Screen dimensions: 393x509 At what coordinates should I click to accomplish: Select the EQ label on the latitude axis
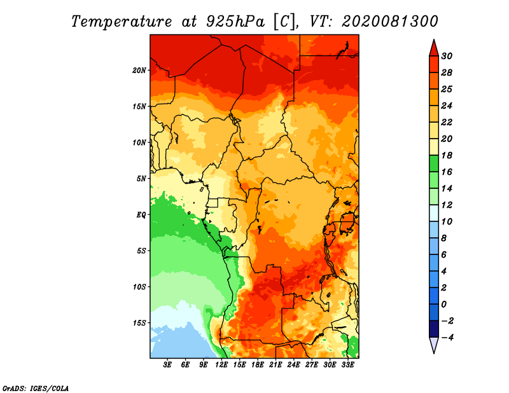(x=141, y=214)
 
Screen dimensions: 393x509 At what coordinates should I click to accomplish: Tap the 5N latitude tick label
(x=141, y=178)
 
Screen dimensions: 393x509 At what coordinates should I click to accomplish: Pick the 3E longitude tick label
(x=168, y=365)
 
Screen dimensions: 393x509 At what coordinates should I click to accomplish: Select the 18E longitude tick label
(x=258, y=365)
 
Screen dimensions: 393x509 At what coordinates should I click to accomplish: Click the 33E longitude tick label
(x=347, y=365)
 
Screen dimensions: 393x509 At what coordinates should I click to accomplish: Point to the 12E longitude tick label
(x=221, y=365)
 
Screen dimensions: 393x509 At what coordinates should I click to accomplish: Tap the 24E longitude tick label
(x=293, y=365)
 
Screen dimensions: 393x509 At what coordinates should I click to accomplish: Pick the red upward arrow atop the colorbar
(x=433, y=48)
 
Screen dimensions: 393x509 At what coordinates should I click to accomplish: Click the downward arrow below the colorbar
(x=433, y=345)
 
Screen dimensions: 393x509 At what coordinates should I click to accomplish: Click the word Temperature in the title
(x=119, y=21)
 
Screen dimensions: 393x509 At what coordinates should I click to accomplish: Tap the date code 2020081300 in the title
(x=390, y=21)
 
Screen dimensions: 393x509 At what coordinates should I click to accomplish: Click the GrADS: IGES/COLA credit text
(x=35, y=387)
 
